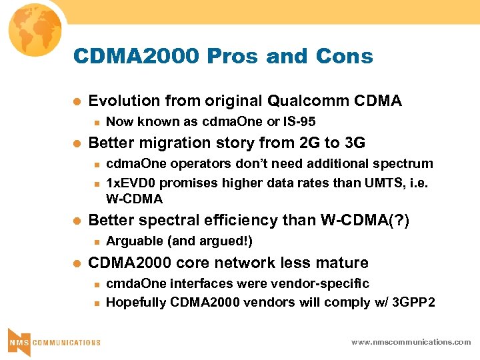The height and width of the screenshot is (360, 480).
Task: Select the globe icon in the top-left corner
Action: pos(33,31)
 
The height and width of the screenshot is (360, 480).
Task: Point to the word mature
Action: pos(344,263)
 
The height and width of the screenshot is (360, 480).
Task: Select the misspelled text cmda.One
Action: pos(137,283)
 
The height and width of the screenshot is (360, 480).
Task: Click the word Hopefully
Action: pos(136,303)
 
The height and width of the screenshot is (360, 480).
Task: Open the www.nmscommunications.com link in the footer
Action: pos(411,342)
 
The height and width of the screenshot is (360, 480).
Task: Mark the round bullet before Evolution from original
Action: pos(76,102)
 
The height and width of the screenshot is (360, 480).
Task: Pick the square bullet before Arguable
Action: pos(96,241)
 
